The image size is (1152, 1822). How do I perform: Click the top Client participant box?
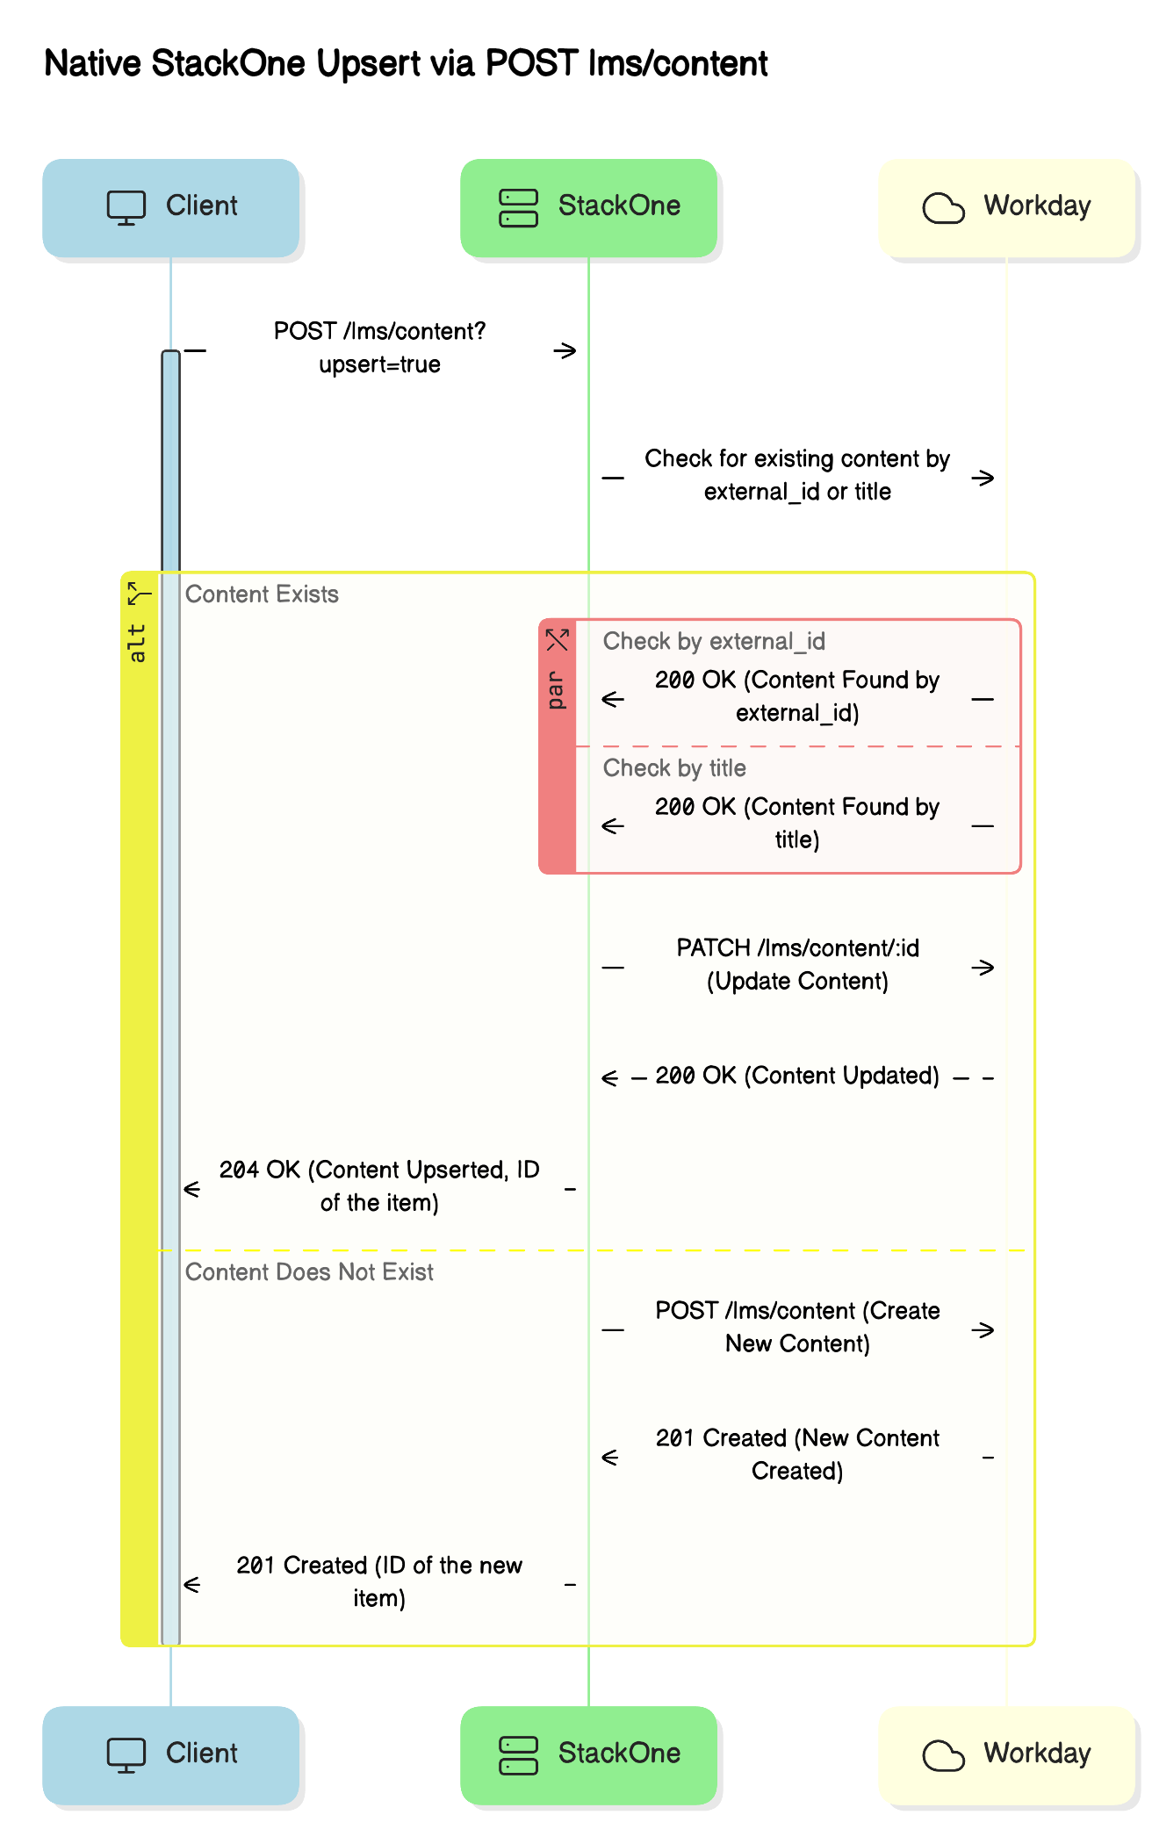(x=171, y=208)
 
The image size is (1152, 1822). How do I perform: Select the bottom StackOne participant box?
(x=589, y=1755)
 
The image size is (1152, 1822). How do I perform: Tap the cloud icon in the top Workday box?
(x=944, y=208)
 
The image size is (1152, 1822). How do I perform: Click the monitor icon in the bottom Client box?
(x=126, y=1755)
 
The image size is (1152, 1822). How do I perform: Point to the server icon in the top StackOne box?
(x=518, y=208)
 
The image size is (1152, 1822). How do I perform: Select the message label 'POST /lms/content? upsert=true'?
(x=379, y=348)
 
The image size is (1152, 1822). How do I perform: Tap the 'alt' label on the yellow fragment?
(x=137, y=643)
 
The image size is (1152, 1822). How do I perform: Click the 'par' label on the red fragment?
(x=556, y=690)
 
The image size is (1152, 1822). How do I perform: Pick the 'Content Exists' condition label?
(x=262, y=594)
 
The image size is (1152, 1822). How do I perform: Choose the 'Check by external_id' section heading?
(x=714, y=642)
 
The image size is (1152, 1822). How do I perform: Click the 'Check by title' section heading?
(x=674, y=768)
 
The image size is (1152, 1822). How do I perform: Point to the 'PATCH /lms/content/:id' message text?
(x=797, y=948)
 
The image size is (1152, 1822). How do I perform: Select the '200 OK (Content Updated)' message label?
(x=797, y=1076)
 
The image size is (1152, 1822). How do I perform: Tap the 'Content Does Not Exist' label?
(x=309, y=1272)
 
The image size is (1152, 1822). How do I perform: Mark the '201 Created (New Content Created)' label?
(x=797, y=1454)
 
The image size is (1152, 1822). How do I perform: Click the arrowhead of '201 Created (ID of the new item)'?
(x=192, y=1585)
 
